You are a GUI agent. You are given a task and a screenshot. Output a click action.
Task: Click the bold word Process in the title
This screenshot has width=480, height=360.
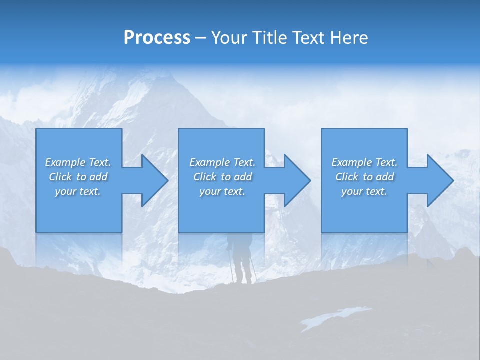point(157,38)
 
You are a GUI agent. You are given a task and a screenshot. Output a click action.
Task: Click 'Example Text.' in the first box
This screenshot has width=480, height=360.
point(78,162)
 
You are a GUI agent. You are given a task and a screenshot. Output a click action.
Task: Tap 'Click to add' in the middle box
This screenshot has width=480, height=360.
point(222,177)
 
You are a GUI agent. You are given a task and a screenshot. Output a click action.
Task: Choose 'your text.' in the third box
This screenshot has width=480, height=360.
point(364,191)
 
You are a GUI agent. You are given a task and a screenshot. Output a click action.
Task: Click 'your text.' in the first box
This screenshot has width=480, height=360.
point(78,191)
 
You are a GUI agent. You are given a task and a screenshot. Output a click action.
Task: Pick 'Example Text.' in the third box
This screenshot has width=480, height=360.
point(364,162)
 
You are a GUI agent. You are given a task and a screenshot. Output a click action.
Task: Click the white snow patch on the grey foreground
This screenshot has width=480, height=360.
point(335,317)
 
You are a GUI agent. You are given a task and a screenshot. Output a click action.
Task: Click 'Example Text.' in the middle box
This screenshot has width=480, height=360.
point(222,162)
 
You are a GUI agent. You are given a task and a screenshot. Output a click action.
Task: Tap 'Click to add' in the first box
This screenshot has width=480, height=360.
point(78,177)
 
